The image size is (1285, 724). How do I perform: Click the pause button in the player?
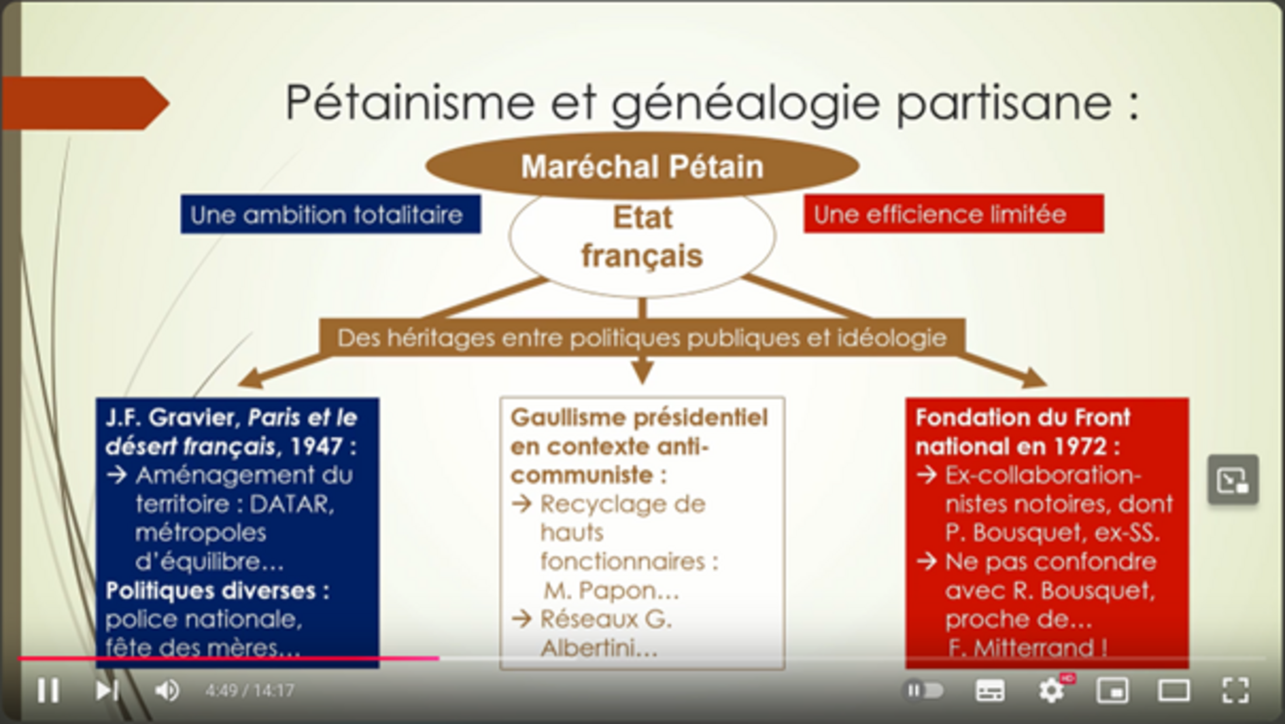tap(48, 691)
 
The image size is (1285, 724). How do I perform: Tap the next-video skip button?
tap(107, 691)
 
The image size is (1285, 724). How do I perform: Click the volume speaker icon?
tap(167, 691)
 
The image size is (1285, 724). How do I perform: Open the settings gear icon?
tap(1051, 691)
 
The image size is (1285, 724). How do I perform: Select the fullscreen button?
tap(1235, 691)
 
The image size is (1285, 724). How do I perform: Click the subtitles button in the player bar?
tap(990, 691)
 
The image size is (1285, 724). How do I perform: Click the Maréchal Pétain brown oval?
tap(642, 166)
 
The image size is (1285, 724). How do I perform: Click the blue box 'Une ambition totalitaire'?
tap(331, 214)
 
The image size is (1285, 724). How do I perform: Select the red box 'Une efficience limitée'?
tap(954, 214)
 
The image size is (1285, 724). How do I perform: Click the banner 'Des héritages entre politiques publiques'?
tap(642, 337)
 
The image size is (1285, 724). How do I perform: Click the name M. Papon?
tap(612, 591)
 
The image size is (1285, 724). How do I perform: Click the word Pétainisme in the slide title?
tap(409, 102)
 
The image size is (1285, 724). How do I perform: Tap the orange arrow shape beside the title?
tap(86, 103)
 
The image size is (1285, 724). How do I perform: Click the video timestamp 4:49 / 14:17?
tap(249, 691)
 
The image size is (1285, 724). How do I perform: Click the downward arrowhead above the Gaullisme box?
tap(642, 372)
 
